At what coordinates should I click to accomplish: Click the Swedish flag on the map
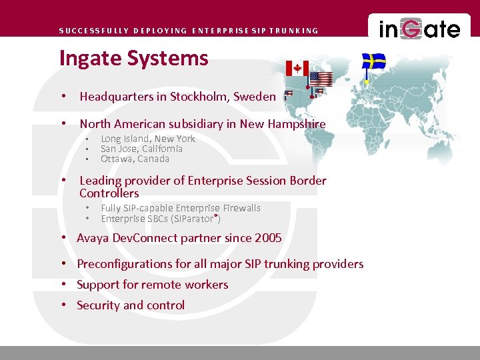(x=374, y=62)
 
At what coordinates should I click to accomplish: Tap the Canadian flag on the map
(x=297, y=68)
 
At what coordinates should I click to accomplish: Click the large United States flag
(x=321, y=79)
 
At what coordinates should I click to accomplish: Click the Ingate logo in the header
(x=419, y=29)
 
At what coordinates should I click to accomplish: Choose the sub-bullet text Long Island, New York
(x=148, y=139)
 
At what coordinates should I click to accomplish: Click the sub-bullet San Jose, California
(x=141, y=149)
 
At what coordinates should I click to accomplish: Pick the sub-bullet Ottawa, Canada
(x=135, y=159)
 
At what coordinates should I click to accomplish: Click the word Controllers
(x=109, y=193)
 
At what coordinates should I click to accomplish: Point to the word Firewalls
(x=242, y=208)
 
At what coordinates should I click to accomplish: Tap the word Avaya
(x=93, y=238)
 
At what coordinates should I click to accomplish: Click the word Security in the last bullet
(x=98, y=305)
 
